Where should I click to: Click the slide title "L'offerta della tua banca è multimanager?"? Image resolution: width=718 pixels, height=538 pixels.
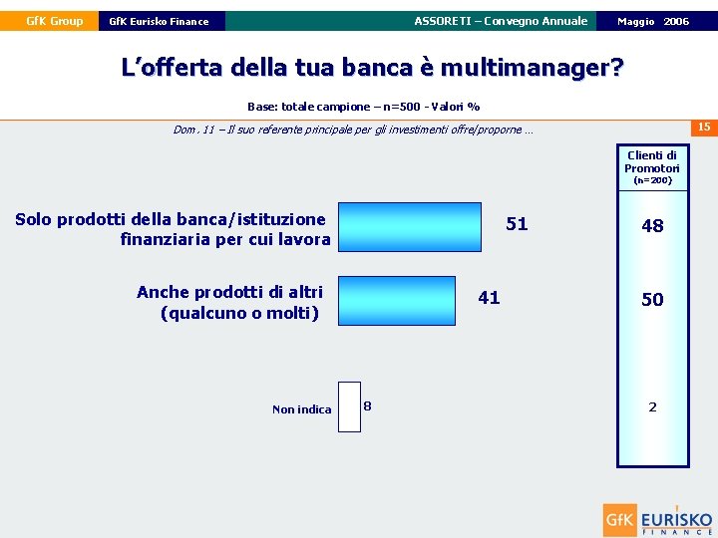point(372,68)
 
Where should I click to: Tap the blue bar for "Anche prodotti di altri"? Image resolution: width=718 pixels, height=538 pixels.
point(397,301)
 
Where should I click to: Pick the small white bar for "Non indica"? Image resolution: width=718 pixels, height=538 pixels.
point(349,406)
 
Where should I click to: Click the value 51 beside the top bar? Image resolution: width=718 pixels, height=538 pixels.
point(517,224)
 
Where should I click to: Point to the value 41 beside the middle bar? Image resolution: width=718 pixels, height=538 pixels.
point(489,298)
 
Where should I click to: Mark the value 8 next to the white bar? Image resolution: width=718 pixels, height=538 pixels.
point(368,405)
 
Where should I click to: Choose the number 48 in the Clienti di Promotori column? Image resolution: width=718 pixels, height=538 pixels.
point(652,226)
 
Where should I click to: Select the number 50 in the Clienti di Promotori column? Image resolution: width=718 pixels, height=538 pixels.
point(652,300)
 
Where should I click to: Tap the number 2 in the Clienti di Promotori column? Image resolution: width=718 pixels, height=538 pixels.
point(652,406)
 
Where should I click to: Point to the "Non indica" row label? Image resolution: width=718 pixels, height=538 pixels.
point(301,409)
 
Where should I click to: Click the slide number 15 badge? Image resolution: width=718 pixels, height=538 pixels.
point(703,127)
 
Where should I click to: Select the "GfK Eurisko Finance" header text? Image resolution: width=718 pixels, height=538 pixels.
point(159,21)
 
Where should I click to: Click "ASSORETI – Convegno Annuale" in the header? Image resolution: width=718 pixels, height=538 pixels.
point(501,21)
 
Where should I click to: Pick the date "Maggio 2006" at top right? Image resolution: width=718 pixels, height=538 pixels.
point(653,21)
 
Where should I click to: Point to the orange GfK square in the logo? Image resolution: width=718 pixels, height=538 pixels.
point(619,520)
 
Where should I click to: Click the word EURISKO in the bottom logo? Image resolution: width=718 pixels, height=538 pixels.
point(676,518)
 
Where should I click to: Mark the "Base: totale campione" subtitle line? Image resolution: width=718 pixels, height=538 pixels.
point(363,107)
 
